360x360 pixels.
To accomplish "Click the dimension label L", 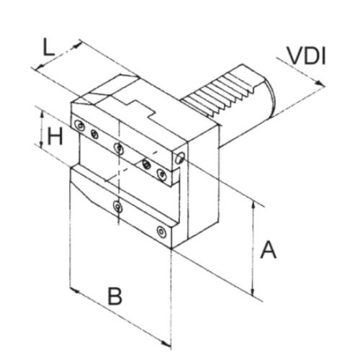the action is point(49,48).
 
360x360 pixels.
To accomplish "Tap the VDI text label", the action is point(307,56).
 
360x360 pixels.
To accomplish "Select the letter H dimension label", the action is point(55,136).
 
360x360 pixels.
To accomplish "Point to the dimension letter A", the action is point(269,250).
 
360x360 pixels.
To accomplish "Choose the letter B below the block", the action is point(115,295).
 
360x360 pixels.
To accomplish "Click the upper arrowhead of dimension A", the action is point(253,206).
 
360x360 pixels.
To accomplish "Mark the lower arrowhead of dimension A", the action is point(253,291).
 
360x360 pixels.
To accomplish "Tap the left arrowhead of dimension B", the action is point(74,290).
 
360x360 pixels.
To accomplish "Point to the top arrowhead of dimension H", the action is point(42,115).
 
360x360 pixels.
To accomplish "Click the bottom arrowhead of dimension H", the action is point(41,143).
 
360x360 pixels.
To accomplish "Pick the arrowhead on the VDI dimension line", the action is point(319,83).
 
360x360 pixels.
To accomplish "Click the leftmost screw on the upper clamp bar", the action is point(79,125).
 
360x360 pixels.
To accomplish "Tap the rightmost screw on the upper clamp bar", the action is point(161,174).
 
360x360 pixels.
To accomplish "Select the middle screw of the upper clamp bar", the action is point(119,148).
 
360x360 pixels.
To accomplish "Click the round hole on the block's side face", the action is point(180,158).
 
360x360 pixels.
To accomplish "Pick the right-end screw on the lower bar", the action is point(161,232).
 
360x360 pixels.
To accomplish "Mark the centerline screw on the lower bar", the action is point(118,207).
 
